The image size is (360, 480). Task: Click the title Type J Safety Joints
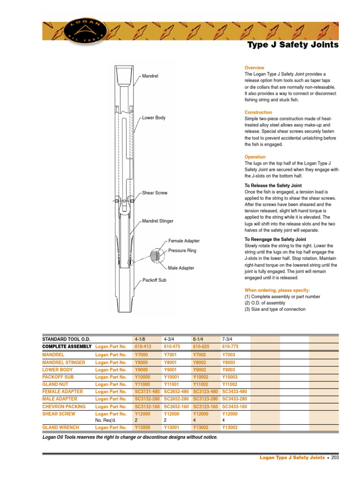(292, 45)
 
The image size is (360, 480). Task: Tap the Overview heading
(254, 68)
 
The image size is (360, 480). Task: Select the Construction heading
(258, 112)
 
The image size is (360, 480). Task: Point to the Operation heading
(255, 157)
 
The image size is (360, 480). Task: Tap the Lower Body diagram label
(154, 118)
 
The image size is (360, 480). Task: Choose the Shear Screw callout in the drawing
(155, 193)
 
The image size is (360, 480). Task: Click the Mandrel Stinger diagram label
(157, 221)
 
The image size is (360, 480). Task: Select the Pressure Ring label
(182, 251)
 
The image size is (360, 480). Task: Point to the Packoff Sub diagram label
(154, 280)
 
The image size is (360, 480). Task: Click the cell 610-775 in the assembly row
(230, 346)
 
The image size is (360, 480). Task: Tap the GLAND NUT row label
(55, 384)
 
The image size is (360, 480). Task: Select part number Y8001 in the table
(172, 362)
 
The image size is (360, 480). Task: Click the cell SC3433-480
(234, 392)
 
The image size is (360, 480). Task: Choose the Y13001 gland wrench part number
(172, 427)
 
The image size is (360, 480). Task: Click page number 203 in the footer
(335, 458)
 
